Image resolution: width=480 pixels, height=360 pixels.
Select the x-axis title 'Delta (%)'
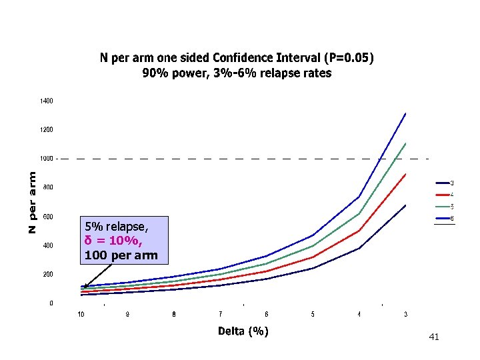(243, 331)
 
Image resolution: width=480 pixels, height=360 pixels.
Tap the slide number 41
(434, 337)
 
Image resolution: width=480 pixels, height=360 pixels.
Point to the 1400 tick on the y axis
(45, 101)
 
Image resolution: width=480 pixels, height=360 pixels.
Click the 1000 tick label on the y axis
(45, 159)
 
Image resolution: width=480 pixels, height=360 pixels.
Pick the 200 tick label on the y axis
(47, 274)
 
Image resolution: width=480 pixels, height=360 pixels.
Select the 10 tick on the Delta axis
(81, 314)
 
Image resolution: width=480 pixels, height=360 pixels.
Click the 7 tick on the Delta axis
(220, 314)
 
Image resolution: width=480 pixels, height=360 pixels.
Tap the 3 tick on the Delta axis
(405, 314)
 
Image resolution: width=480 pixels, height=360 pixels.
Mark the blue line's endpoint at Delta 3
(405, 113)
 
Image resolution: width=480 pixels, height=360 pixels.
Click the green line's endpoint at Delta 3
(405, 143)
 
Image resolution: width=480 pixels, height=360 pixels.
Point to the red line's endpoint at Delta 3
(405, 174)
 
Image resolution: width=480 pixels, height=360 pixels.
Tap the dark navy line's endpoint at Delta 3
(405, 205)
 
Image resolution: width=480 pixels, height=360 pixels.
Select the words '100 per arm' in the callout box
(121, 255)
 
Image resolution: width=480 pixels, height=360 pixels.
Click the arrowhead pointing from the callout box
(85, 286)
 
